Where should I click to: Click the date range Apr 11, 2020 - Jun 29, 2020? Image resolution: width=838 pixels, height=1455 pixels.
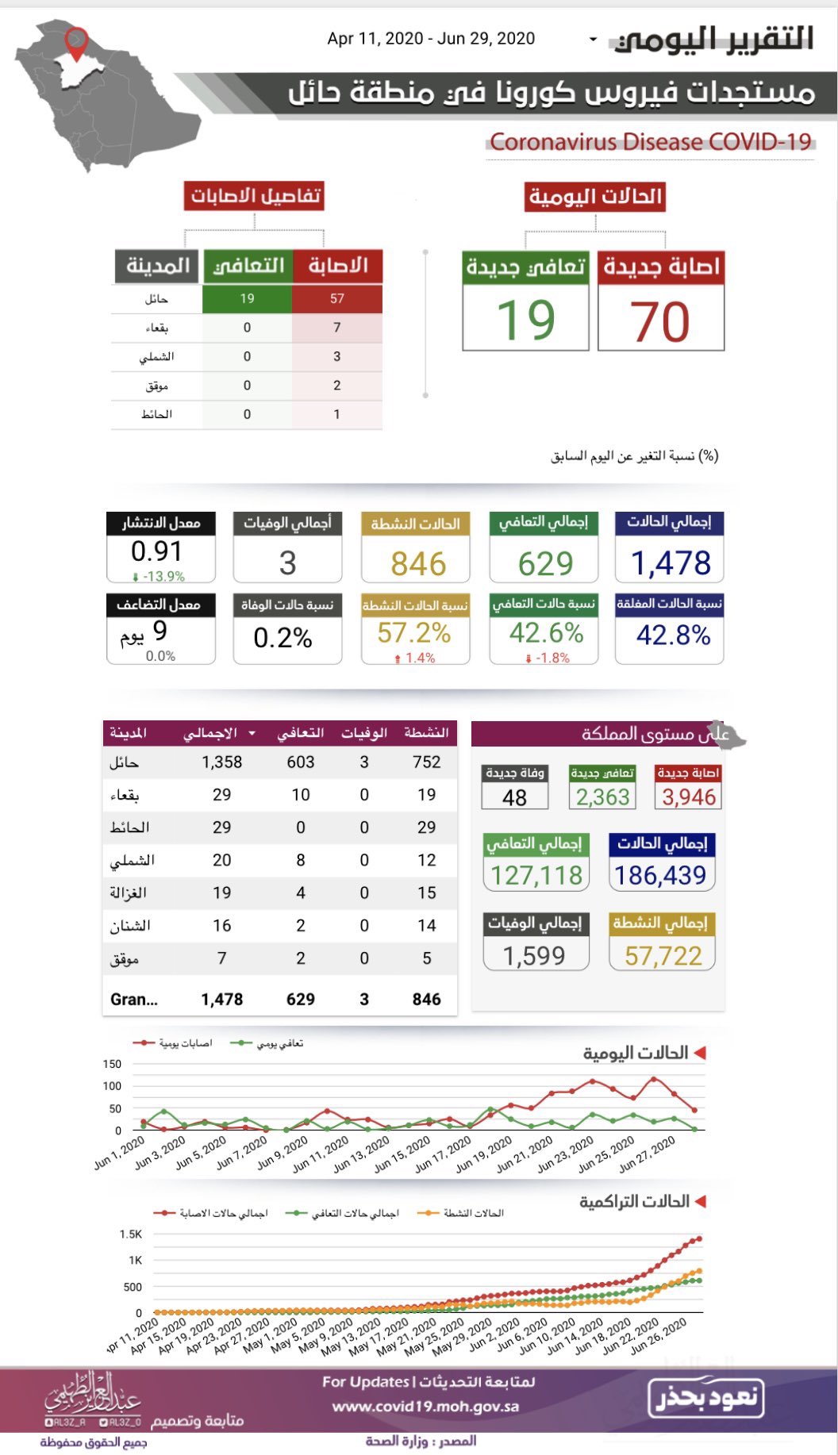click(x=431, y=39)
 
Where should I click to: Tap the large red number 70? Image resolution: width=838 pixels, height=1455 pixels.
click(x=660, y=321)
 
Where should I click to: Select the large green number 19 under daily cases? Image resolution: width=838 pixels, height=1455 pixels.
click(x=525, y=320)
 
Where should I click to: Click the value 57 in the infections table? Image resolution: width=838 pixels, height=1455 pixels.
click(x=337, y=299)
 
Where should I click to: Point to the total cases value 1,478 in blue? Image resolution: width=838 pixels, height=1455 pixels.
click(x=671, y=563)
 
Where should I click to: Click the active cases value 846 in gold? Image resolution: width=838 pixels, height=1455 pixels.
click(x=418, y=564)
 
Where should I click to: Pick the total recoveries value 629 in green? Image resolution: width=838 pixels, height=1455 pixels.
click(x=545, y=564)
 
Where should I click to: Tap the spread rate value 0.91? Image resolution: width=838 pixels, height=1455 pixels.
click(x=156, y=551)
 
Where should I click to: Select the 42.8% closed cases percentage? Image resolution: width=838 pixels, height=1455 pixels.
click(x=673, y=635)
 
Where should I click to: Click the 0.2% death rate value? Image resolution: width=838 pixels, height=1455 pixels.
click(x=283, y=638)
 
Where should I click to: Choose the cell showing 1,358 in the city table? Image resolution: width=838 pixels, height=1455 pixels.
click(x=221, y=762)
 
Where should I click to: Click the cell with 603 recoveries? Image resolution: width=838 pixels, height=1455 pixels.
click(x=301, y=762)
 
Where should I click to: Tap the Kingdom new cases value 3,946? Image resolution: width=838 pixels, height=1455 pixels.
click(x=689, y=797)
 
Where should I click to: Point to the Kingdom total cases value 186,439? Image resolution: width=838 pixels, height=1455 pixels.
click(x=660, y=875)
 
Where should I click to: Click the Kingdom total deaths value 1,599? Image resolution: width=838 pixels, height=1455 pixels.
click(x=534, y=956)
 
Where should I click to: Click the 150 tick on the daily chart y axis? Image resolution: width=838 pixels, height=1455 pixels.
click(x=112, y=1064)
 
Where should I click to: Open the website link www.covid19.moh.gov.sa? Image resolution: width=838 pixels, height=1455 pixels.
click(x=425, y=1407)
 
